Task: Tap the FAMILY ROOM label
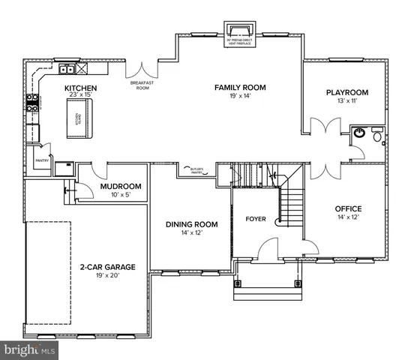[241, 87]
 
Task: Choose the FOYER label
[256, 219]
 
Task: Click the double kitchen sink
[66, 71]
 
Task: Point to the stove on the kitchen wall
[33, 102]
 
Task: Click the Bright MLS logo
[30, 350]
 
